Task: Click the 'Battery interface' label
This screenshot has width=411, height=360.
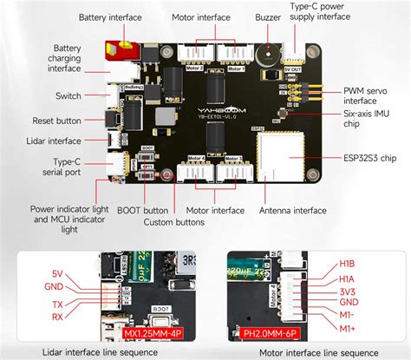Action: tap(110, 16)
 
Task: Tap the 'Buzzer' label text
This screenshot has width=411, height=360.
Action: tap(268, 16)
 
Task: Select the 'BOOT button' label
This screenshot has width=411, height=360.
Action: tap(143, 210)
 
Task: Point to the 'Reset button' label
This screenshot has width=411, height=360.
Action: tap(56, 121)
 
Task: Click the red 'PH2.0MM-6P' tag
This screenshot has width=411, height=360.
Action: tap(267, 333)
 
